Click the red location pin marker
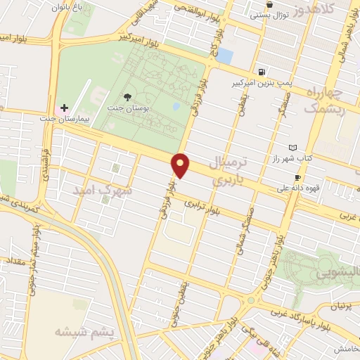click(x=181, y=165)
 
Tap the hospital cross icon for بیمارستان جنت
click(x=65, y=109)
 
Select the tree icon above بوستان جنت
click(x=127, y=98)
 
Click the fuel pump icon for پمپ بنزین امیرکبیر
click(x=262, y=72)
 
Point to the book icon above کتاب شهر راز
click(x=293, y=147)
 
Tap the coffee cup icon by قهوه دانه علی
click(x=298, y=178)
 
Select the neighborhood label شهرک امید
click(x=105, y=191)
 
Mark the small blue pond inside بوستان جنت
click(x=175, y=108)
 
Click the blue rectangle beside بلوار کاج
click(x=224, y=55)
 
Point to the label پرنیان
click(x=340, y=307)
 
